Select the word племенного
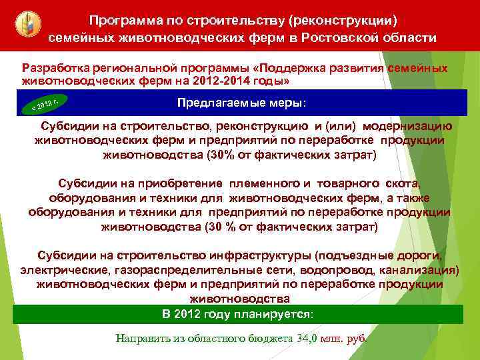[x=260, y=183]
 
